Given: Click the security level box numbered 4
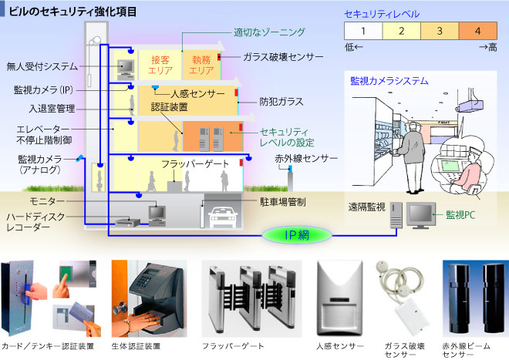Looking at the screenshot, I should tap(478, 32).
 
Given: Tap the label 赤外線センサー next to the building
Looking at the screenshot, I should tap(306, 159).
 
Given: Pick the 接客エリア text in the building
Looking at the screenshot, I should tap(161, 65).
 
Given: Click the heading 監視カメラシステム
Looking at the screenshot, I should tap(389, 80).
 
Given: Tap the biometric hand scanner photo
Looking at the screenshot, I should tap(150, 297).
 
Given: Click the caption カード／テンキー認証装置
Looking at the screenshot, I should tap(49, 348).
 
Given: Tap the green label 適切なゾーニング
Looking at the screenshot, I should tap(264, 33).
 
